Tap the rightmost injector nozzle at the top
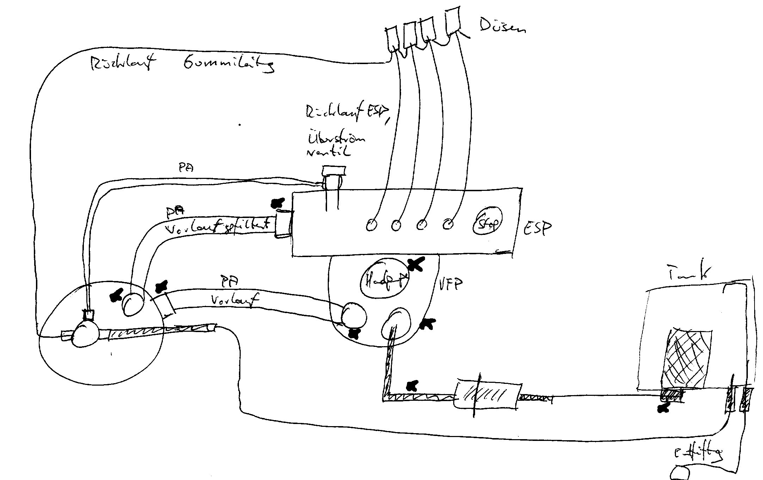coord(453,20)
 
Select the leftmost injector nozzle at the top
coord(393,39)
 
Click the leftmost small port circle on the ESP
coord(370,224)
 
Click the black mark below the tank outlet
coord(664,408)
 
